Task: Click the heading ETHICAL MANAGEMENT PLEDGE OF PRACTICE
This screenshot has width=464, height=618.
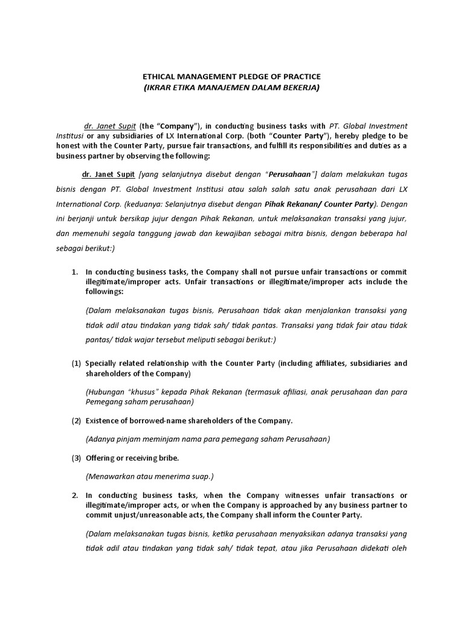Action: pos(231,77)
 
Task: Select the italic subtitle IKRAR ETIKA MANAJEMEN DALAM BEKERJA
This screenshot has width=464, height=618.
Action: pos(231,88)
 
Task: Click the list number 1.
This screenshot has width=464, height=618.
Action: pos(75,272)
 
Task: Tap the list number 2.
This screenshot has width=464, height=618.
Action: pos(75,495)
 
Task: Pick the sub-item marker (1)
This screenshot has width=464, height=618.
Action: pos(76,363)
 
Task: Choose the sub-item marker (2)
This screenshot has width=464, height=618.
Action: pos(76,420)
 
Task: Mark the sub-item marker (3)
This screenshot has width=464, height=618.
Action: pos(76,458)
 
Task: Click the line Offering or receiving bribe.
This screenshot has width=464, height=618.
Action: pos(127,458)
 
